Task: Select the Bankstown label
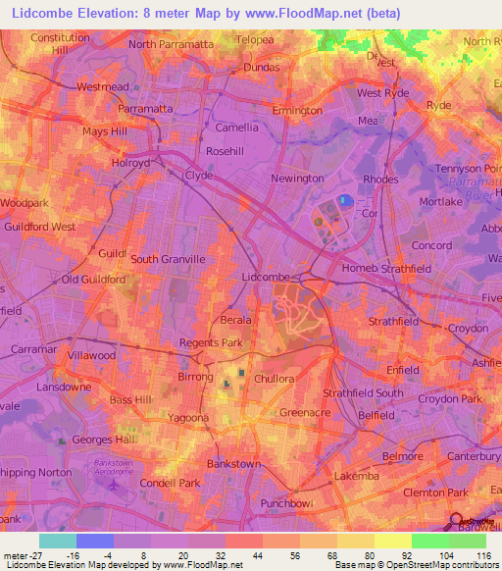click(x=234, y=463)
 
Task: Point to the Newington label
click(x=298, y=179)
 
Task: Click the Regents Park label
click(x=210, y=343)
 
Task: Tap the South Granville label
click(x=168, y=259)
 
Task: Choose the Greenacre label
click(x=304, y=413)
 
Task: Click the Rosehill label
click(x=225, y=151)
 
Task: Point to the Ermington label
click(x=297, y=111)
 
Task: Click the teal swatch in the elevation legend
click(x=57, y=541)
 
